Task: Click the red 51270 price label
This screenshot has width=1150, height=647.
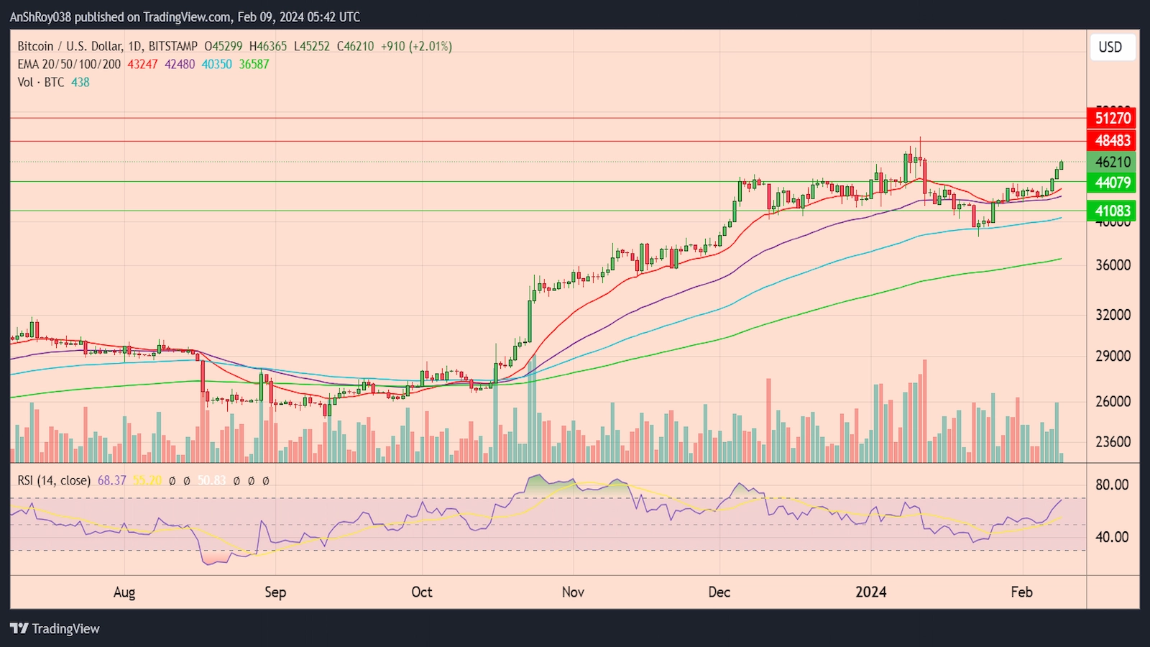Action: (x=1113, y=118)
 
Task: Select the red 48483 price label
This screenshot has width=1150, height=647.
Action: (x=1113, y=140)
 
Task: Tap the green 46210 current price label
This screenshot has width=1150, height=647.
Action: (x=1113, y=162)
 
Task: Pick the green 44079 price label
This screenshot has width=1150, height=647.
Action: (x=1113, y=183)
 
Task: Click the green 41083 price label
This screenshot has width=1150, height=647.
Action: (x=1113, y=211)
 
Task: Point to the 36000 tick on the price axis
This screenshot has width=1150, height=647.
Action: (x=1113, y=265)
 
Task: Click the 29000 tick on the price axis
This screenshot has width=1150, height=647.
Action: (x=1113, y=357)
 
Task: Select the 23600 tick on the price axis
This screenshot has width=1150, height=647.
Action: (x=1113, y=442)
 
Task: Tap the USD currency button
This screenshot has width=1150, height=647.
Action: (x=1110, y=47)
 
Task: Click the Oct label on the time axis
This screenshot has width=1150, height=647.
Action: (x=422, y=592)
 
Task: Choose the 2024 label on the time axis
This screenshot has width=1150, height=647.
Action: (x=870, y=592)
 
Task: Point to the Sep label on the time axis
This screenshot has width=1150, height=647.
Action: (x=275, y=592)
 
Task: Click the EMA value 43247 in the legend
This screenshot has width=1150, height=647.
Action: (x=142, y=64)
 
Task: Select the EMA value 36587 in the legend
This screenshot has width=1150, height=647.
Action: (x=254, y=64)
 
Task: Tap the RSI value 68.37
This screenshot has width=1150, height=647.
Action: (x=111, y=480)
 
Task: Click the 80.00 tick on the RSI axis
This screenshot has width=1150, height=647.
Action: (x=1111, y=485)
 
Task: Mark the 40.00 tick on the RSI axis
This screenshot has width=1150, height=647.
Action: (x=1111, y=537)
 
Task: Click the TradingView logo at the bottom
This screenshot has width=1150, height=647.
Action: (x=55, y=628)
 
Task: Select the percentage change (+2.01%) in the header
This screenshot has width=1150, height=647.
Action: (x=431, y=46)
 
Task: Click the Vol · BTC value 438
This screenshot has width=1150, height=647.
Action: (x=80, y=82)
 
